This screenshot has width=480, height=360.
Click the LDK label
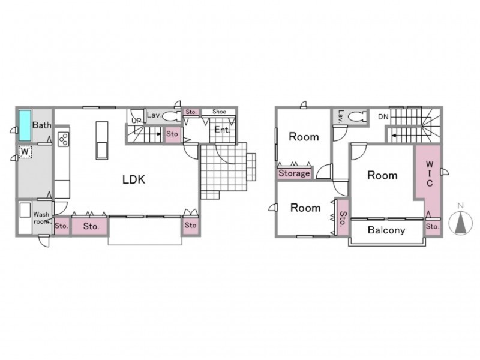tap(134, 179)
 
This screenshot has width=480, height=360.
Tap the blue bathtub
tap(25, 125)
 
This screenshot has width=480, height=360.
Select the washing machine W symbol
tap(25, 152)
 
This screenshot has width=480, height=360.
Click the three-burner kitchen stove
tap(64, 139)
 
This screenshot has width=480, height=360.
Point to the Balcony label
tap(386, 230)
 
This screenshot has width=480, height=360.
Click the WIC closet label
tap(430, 173)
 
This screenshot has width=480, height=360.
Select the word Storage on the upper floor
tap(294, 173)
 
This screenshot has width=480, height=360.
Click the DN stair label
tap(383, 116)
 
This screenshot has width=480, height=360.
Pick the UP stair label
tap(136, 121)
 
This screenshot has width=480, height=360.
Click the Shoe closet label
tap(219, 112)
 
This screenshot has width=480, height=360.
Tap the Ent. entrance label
tap(222, 130)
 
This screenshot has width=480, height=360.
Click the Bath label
tap(42, 125)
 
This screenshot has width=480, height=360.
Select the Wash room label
tap(41, 218)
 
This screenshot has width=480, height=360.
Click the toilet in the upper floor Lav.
tap(357, 116)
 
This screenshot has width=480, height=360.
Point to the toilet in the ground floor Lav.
tap(172, 116)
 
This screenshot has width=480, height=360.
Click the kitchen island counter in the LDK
tap(102, 140)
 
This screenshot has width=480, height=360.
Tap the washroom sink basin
tap(25, 210)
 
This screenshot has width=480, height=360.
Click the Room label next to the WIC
tap(382, 175)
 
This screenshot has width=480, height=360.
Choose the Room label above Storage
tap(304, 137)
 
